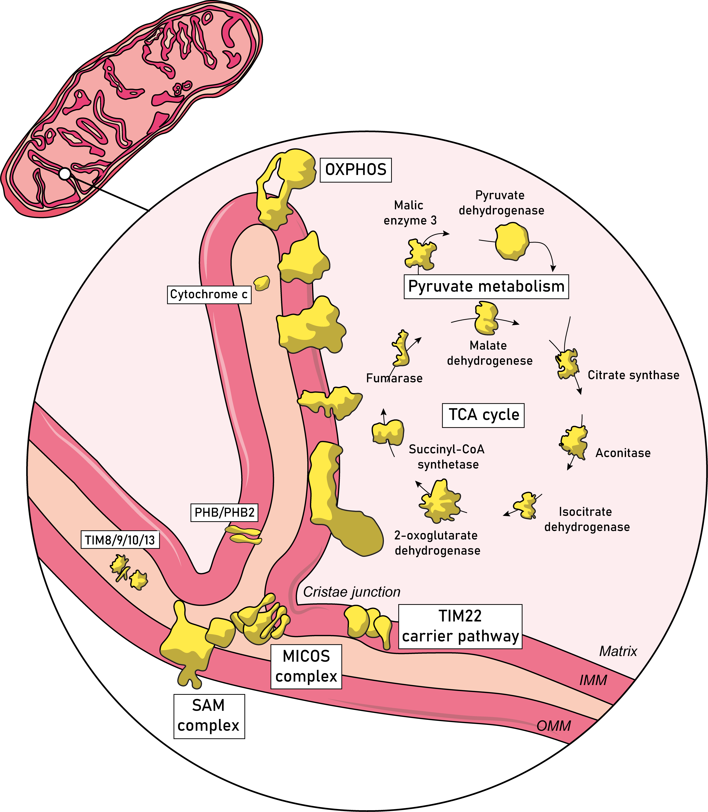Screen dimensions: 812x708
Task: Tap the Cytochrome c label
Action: click(x=209, y=294)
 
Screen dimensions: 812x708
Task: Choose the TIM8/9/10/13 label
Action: click(x=120, y=539)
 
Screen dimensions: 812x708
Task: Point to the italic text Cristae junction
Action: click(x=352, y=592)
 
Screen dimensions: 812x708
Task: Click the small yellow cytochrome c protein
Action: click(x=261, y=283)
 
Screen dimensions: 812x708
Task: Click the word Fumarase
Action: click(x=394, y=378)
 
